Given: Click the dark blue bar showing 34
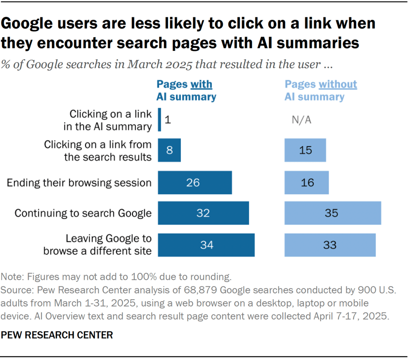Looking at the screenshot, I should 206,245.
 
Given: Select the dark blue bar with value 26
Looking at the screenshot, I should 195,182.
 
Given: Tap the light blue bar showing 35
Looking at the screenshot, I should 332,214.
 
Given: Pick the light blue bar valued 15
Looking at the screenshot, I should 305,150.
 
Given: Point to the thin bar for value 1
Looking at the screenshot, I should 159,120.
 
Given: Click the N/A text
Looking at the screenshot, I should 302,120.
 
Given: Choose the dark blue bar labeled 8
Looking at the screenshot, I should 169,150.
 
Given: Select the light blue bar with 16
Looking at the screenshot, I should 306,182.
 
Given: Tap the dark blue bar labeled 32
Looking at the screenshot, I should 203,214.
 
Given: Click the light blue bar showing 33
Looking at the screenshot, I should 330,245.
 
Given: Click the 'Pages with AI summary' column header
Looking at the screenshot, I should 186,90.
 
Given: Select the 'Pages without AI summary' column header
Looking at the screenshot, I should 320,90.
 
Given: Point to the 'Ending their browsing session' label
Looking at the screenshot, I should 79,182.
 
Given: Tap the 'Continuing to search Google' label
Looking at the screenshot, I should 83,214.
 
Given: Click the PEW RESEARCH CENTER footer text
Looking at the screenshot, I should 57,335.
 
